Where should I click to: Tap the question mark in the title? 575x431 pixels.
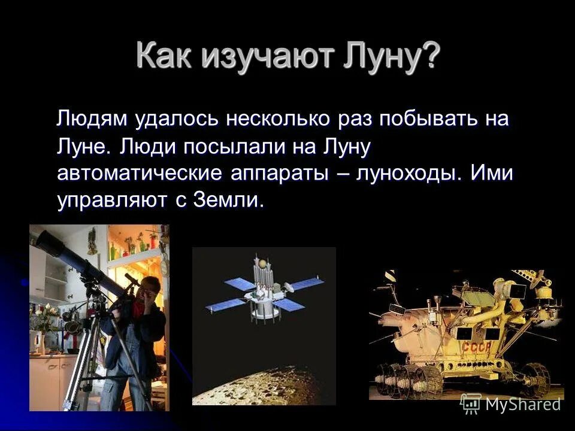click(429, 57)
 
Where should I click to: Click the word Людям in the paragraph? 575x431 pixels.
click(92, 119)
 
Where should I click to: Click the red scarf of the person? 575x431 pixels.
click(139, 308)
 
